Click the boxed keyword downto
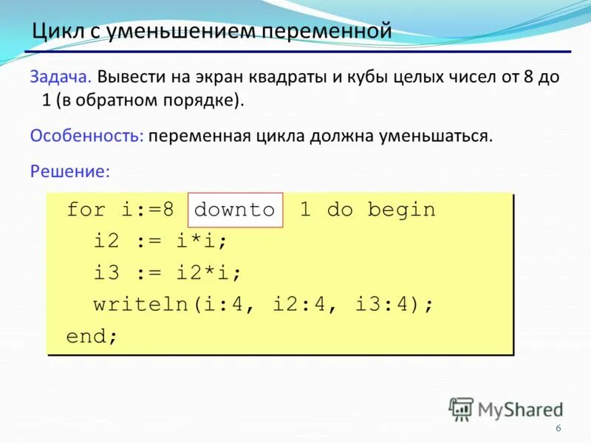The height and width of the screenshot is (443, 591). point(235,210)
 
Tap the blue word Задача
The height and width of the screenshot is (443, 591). point(61,77)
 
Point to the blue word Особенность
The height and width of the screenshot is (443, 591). point(86,136)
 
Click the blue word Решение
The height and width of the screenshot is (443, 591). point(69,171)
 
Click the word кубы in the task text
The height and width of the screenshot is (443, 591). point(358,77)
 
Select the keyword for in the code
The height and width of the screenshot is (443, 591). point(86,210)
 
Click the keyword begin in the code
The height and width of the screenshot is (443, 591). point(402,210)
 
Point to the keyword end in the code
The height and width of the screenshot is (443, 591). point(86,337)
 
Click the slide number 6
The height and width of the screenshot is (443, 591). point(558,430)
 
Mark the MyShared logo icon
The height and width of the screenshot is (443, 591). point(461,408)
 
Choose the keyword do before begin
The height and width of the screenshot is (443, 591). point(340,210)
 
